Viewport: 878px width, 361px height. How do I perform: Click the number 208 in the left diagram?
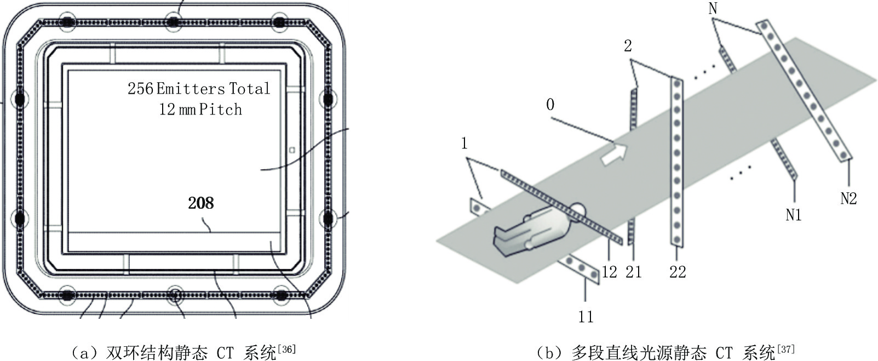click(200, 203)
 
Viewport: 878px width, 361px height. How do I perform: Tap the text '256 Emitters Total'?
click(199, 89)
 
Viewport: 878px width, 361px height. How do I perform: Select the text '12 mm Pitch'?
click(200, 110)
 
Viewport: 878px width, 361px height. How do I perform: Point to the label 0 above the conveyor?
click(550, 104)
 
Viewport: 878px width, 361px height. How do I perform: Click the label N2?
click(848, 198)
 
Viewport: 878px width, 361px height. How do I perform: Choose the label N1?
click(793, 215)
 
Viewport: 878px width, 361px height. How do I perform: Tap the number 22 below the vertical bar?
click(678, 272)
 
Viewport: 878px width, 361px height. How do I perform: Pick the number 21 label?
click(633, 272)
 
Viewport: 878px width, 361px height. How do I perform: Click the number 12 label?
click(609, 272)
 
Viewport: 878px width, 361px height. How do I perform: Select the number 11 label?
click(586, 316)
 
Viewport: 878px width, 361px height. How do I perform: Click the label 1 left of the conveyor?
click(464, 144)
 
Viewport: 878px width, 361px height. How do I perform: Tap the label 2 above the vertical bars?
click(628, 46)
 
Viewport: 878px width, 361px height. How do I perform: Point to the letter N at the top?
click(713, 8)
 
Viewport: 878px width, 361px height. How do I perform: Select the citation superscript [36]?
click(287, 349)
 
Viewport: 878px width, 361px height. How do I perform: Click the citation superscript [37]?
click(786, 349)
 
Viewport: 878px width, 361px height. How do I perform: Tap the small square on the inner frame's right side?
click(292, 150)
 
